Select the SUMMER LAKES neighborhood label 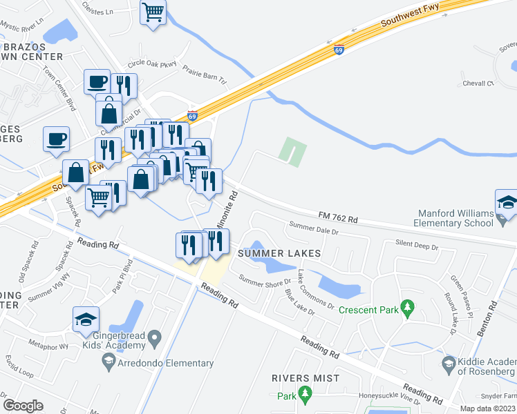point(279,253)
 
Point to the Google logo point(23,406)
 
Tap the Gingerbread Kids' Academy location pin point(156,338)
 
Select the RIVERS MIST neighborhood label point(305,378)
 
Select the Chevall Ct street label point(480,83)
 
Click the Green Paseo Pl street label point(460,291)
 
